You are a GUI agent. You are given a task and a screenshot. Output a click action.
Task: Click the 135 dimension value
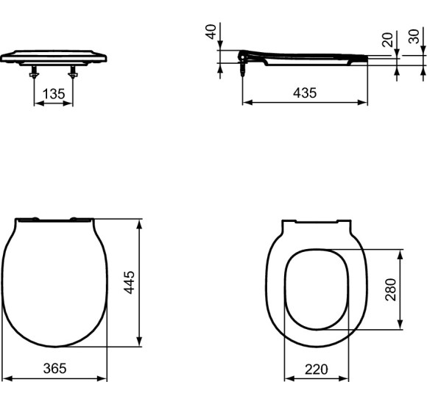(x=54, y=93)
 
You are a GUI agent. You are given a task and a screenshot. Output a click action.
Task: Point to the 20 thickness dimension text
(x=388, y=40)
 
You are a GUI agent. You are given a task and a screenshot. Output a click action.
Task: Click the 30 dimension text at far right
(x=414, y=36)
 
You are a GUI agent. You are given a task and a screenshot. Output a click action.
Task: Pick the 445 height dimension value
(x=130, y=282)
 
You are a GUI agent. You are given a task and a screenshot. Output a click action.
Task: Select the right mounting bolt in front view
(x=73, y=73)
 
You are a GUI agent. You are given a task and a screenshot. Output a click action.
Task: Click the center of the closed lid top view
(x=54, y=283)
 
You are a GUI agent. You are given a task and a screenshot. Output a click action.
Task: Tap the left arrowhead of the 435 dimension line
(x=245, y=103)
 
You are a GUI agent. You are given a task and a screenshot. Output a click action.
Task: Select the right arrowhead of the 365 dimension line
(x=105, y=379)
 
